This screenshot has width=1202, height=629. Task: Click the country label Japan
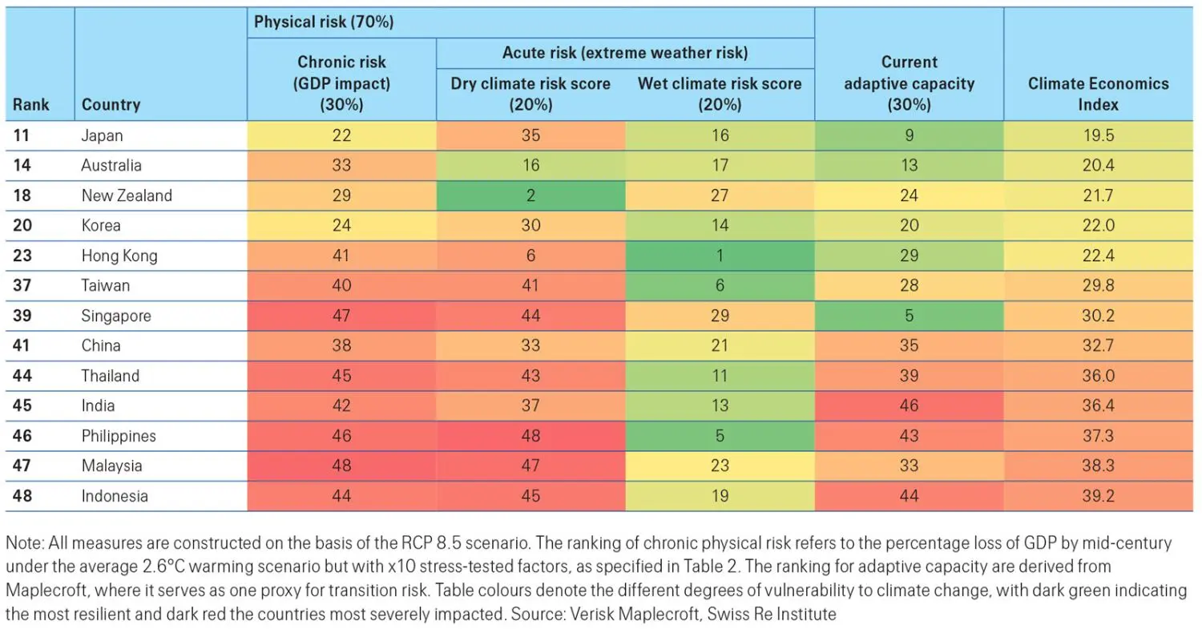click(x=102, y=135)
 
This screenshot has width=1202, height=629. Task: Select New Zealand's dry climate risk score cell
click(x=530, y=196)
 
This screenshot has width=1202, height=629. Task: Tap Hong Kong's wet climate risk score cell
click(x=719, y=256)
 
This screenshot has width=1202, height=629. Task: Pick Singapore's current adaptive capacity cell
click(x=909, y=316)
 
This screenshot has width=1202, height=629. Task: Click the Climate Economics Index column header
click(x=1098, y=94)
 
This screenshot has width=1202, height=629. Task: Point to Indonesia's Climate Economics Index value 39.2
click(x=1098, y=496)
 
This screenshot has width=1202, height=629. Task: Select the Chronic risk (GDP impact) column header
click(x=341, y=83)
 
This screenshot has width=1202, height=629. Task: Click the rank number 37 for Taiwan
click(x=22, y=285)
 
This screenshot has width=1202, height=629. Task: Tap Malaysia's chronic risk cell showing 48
click(x=341, y=466)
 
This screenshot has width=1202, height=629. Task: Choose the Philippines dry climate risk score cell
click(x=530, y=436)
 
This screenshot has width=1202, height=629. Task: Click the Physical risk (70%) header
click(x=324, y=22)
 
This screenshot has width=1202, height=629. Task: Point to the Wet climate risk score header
click(x=719, y=94)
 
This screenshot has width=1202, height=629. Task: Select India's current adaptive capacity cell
click(x=909, y=405)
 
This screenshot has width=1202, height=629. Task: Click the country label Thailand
click(x=110, y=376)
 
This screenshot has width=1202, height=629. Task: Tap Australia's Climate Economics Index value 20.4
click(x=1098, y=165)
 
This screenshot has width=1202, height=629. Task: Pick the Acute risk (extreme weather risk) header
click(x=624, y=53)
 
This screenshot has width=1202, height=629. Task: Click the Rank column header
click(x=30, y=105)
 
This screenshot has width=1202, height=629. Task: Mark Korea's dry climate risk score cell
click(x=530, y=225)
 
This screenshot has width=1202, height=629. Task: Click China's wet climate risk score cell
click(x=719, y=345)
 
